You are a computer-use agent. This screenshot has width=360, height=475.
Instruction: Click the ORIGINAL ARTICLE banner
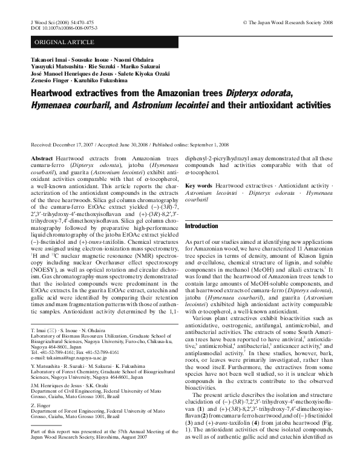coord(65,42)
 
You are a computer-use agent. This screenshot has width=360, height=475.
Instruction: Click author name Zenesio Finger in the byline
coord(50,80)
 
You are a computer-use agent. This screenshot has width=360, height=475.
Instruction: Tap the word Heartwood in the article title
coord(56,94)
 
